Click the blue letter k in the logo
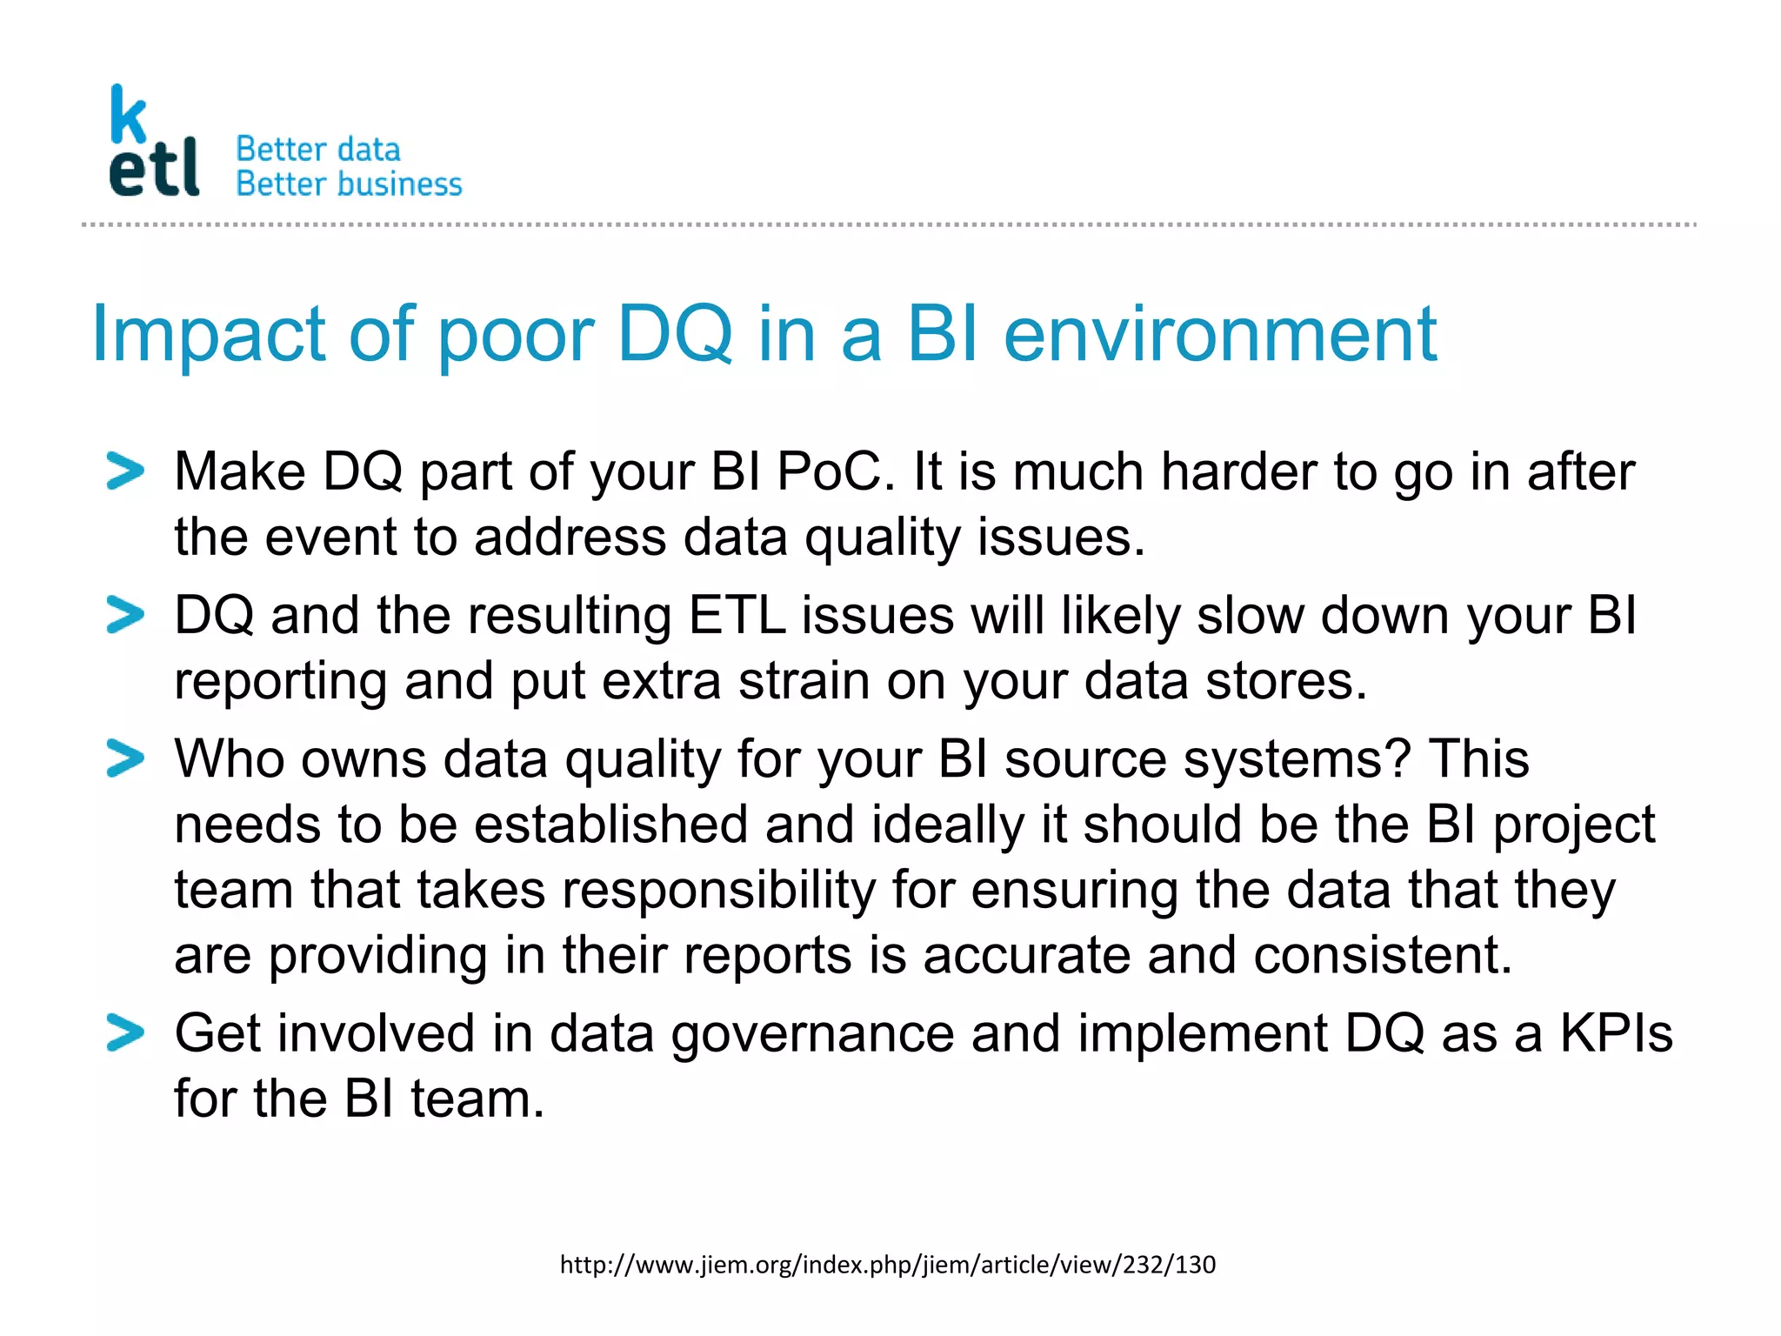[128, 115]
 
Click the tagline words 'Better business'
[349, 184]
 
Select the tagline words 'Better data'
[318, 150]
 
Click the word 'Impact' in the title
[208, 335]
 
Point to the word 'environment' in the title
[1219, 335]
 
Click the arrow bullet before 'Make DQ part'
[125, 471]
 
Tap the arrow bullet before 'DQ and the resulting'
[125, 615]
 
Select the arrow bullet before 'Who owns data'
[125, 758]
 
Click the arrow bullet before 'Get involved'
[125, 1032]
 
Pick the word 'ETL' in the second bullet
[737, 616]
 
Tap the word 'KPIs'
[1616, 1033]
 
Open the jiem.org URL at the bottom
[887, 1265]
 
